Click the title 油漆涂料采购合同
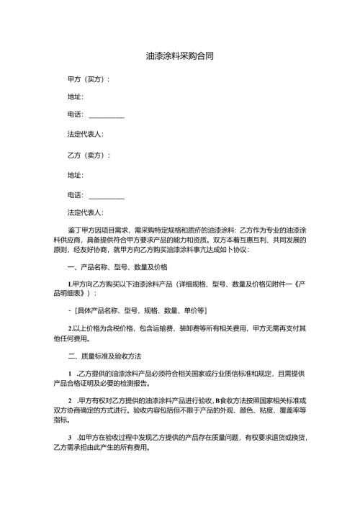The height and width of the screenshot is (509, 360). click(179, 55)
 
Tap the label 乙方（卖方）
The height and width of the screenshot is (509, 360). click(88, 155)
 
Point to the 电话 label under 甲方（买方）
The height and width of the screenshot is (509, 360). click(75, 114)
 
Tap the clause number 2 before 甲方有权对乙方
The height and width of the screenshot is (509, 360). click(68, 400)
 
